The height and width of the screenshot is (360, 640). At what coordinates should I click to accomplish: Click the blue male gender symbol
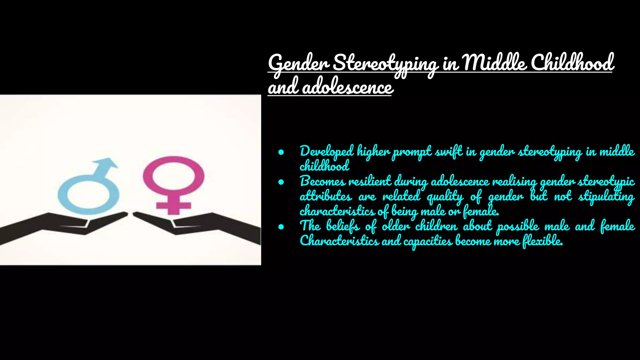pyautogui.click(x=89, y=191)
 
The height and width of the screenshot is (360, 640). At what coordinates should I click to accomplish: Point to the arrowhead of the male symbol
pyautogui.click(x=108, y=163)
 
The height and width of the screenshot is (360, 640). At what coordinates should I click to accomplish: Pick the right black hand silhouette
pyautogui.click(x=200, y=225)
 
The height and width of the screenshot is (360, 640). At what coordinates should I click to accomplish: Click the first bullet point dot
pyautogui.click(x=281, y=152)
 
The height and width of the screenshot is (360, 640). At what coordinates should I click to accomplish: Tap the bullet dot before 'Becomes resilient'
pyautogui.click(x=281, y=182)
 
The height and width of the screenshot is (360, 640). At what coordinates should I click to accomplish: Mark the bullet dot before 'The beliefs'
pyautogui.click(x=281, y=227)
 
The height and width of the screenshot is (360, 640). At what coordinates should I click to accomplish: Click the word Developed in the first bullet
pyautogui.click(x=327, y=152)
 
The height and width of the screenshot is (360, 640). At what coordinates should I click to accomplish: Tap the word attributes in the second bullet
pyautogui.click(x=326, y=197)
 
